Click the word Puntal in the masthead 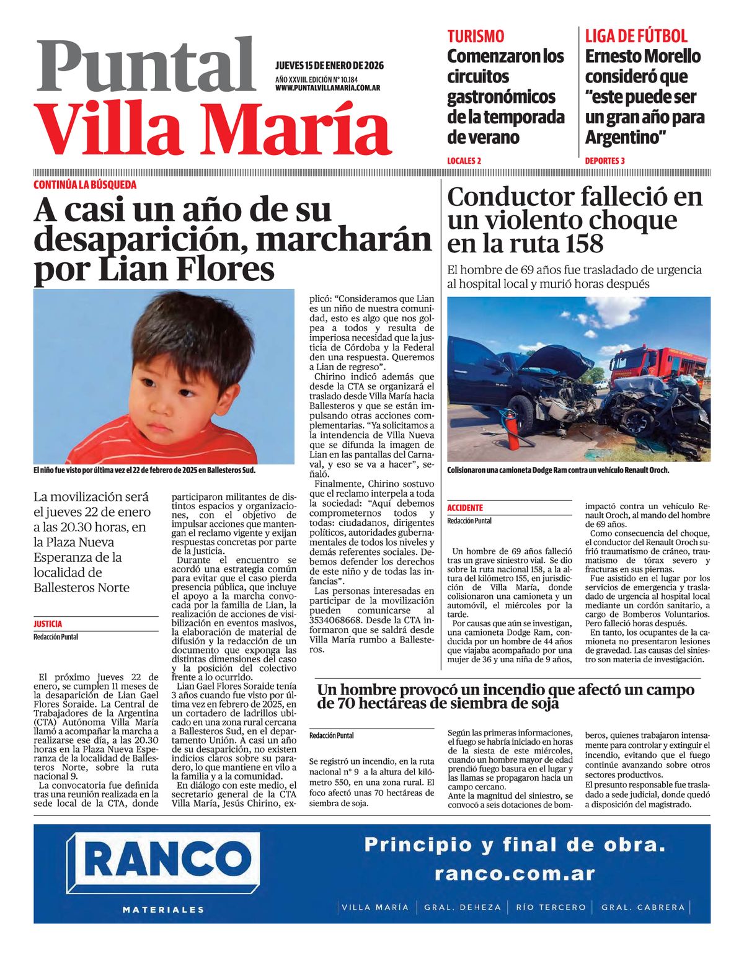(x=146, y=66)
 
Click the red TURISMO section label (x=476, y=36)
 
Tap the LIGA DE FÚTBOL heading (x=636, y=36)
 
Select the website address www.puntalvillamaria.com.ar (x=327, y=88)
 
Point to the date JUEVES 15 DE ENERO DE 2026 (x=329, y=66)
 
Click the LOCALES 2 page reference (x=464, y=161)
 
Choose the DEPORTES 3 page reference (x=604, y=161)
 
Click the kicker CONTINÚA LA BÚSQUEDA (x=85, y=185)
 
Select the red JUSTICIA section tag (x=48, y=624)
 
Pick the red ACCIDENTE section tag (x=465, y=508)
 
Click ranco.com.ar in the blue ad (x=515, y=874)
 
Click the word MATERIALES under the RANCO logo (x=163, y=910)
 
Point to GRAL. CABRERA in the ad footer (x=643, y=907)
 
